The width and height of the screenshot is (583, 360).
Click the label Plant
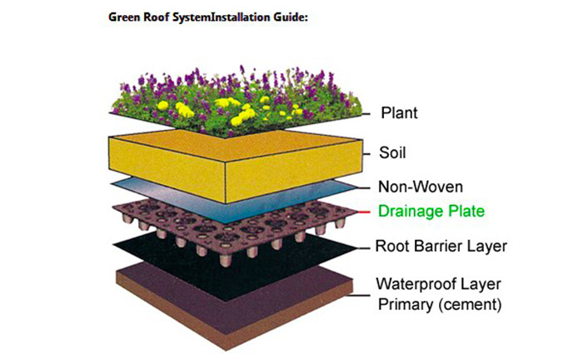click(x=398, y=112)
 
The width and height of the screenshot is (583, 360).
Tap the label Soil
click(x=393, y=153)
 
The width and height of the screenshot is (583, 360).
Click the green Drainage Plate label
click(x=431, y=212)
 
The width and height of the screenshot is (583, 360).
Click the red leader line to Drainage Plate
click(x=363, y=212)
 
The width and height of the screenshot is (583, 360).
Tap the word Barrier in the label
click(x=446, y=247)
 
